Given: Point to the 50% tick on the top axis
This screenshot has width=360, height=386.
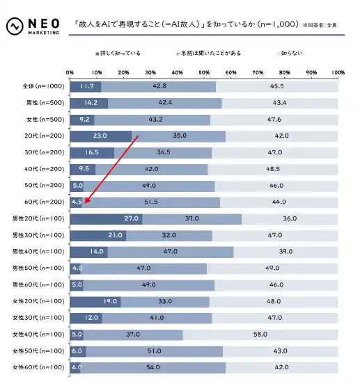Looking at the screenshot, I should click(204, 72).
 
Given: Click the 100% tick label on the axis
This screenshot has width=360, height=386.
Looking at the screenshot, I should click(338, 72).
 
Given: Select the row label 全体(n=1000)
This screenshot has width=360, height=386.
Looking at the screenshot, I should click(43, 86).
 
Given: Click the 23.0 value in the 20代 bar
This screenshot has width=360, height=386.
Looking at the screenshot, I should click(100, 136).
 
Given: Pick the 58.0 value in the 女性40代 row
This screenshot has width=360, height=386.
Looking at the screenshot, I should click(261, 335).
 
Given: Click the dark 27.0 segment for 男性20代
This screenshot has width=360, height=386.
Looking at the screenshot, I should click(106, 219).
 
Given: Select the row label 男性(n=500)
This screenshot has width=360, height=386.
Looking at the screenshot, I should click(44, 103).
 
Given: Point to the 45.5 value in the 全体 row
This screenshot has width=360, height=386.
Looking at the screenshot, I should click(276, 86).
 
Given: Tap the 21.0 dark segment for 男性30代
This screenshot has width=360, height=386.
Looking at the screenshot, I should click(97, 235).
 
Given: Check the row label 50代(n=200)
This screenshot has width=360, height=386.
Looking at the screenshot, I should click(44, 186).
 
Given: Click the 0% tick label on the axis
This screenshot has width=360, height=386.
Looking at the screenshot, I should click(70, 72).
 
